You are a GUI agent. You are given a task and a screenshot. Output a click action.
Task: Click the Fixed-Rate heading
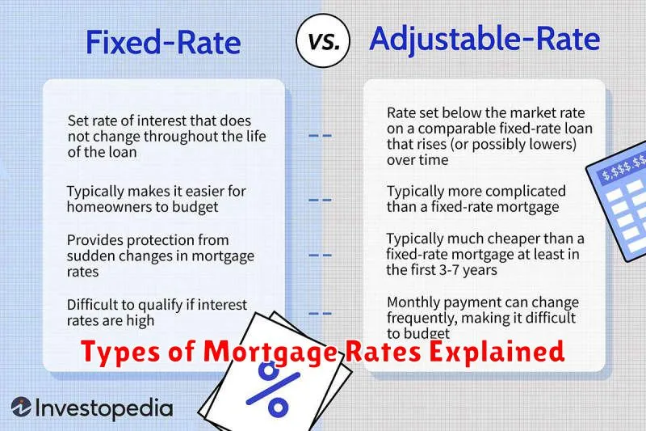[x=163, y=42]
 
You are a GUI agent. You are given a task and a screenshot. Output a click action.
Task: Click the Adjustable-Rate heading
[x=484, y=38]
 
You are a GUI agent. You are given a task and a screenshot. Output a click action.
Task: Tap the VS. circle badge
[x=323, y=40]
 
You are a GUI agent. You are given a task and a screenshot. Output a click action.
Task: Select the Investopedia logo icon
[x=21, y=407]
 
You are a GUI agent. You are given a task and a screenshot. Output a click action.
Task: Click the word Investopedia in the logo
[x=104, y=408]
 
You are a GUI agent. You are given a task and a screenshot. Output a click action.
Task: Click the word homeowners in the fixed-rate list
[x=114, y=207]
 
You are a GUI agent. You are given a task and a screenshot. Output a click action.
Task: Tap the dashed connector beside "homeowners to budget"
[x=320, y=200]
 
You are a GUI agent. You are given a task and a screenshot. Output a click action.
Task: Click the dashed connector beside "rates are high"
[x=320, y=314]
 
